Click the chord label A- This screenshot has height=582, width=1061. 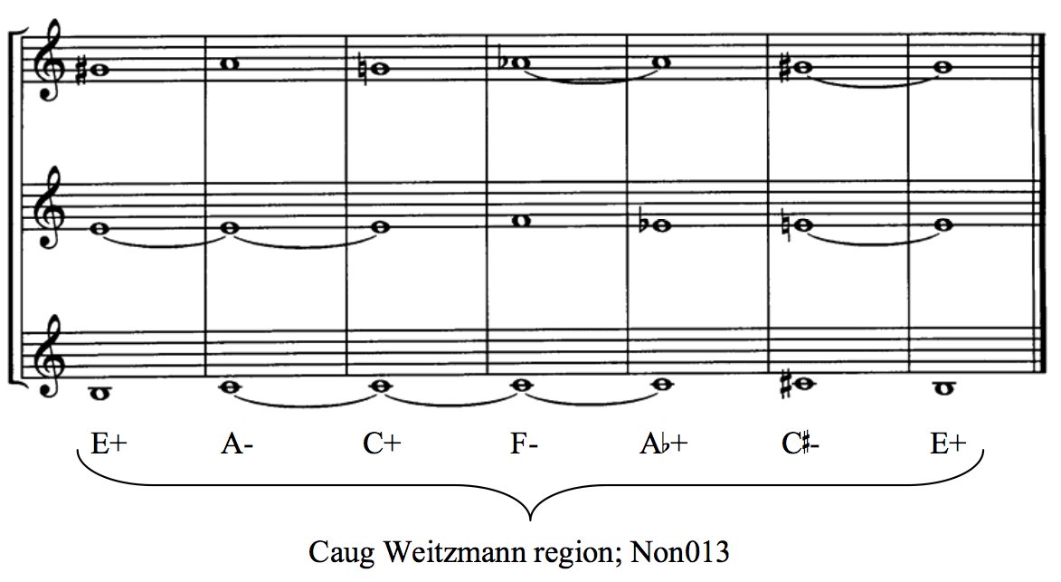pyautogui.click(x=237, y=444)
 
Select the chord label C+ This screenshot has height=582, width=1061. pyautogui.click(x=383, y=444)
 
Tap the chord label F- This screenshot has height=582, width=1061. pyautogui.click(x=525, y=444)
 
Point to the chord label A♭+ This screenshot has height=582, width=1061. pyautogui.click(x=664, y=444)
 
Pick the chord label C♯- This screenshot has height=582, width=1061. pyautogui.click(x=800, y=444)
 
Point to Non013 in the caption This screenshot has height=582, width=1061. pyautogui.click(x=680, y=551)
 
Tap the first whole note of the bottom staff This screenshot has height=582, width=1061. pyautogui.click(x=99, y=393)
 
